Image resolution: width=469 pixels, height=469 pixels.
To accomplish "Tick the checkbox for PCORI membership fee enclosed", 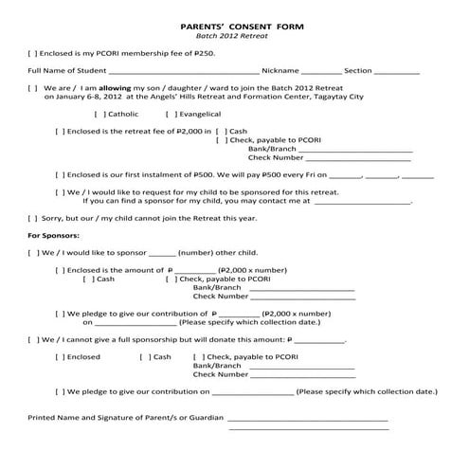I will [x=33, y=54].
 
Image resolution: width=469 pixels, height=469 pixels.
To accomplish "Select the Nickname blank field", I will [x=321, y=71].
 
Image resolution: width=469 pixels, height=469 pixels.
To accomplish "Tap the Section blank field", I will [x=398, y=71].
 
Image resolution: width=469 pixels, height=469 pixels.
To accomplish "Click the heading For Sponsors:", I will [x=54, y=234].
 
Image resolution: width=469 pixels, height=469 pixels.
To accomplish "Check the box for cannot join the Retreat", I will [x=33, y=218].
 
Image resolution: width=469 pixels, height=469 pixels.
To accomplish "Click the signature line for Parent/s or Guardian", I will [x=307, y=418].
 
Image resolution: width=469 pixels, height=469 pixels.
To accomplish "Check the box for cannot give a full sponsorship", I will [x=33, y=338].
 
